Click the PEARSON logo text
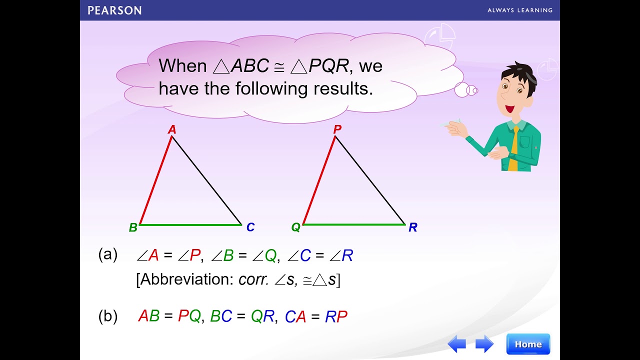point(114,10)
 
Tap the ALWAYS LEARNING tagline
point(520,10)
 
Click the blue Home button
point(528,344)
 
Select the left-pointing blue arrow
point(457,344)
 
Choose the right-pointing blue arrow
point(484,344)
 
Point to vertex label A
point(172,130)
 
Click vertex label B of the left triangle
point(133,227)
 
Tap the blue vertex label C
point(250,227)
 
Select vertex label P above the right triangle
point(337,129)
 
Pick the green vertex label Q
point(296,227)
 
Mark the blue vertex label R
point(412,227)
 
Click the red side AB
point(156,180)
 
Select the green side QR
point(354,224)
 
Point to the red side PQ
point(319,180)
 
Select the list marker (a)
point(107,255)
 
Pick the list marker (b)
point(107,316)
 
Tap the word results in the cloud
point(343,88)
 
